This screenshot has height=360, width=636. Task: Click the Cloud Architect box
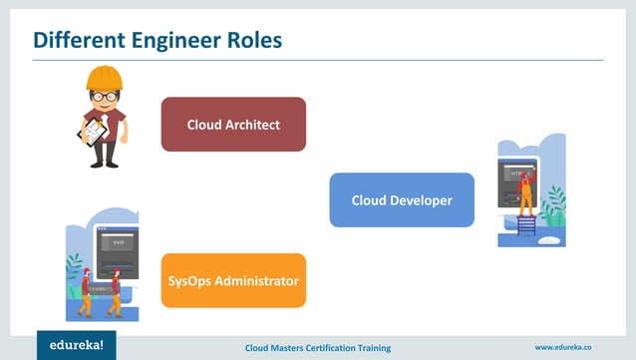coord(233,125)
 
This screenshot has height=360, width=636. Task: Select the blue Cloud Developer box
coord(402,200)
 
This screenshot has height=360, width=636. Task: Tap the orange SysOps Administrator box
coord(233,280)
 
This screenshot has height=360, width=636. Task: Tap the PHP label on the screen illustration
coord(117,242)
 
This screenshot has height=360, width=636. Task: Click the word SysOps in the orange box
coord(191,280)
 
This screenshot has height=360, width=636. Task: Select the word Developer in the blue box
coord(420,200)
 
